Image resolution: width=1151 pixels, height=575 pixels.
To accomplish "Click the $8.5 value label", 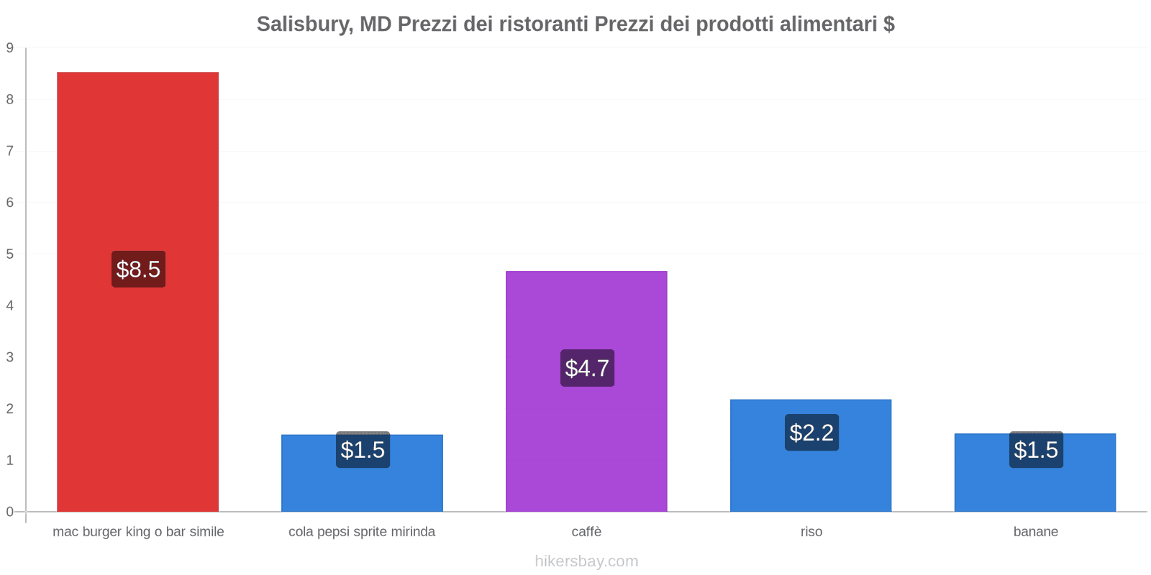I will (138, 270).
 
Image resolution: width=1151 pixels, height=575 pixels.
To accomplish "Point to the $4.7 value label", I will (587, 368).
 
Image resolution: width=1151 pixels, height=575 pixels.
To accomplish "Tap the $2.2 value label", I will (811, 433).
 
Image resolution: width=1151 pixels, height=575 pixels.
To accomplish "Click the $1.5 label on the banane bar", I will (1036, 450).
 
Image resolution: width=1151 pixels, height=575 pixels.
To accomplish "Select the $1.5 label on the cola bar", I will (363, 450).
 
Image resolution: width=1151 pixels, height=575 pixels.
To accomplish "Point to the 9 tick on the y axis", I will (10, 48).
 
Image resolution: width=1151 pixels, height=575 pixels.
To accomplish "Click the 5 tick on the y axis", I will (10, 254).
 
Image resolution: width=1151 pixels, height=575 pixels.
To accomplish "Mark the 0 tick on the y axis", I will (10, 512).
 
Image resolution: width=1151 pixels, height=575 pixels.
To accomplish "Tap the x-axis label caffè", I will (586, 532).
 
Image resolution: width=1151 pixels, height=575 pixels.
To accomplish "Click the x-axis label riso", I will (811, 532).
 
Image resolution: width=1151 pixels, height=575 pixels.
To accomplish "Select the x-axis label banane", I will (1035, 532).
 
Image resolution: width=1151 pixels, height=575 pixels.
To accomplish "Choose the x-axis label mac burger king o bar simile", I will (138, 532).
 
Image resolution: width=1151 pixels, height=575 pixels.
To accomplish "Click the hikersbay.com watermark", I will (586, 561).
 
